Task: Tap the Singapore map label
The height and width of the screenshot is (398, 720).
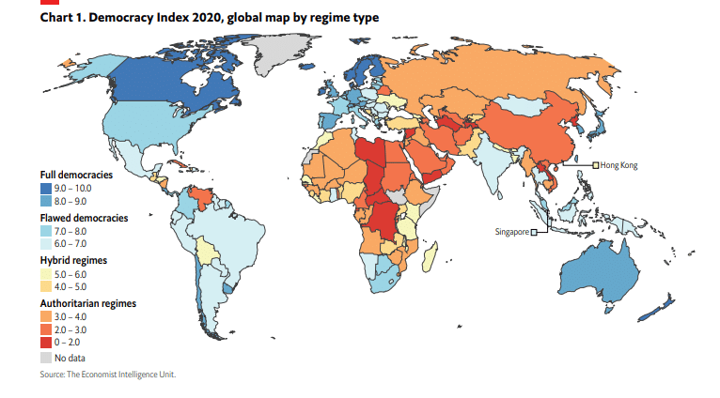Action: pyautogui.click(x=511, y=231)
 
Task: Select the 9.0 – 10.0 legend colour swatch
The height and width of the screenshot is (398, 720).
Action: pyautogui.click(x=46, y=188)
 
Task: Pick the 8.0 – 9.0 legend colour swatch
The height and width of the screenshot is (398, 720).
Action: pyautogui.click(x=46, y=200)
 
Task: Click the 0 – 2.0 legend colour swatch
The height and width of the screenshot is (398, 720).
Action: pyautogui.click(x=46, y=344)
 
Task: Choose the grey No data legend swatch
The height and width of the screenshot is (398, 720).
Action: pyautogui.click(x=46, y=358)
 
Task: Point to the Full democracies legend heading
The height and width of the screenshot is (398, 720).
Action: pyautogui.click(x=76, y=176)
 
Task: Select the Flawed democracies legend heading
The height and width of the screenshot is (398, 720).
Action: pyautogui.click(x=84, y=218)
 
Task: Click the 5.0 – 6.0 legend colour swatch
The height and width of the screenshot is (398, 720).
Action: pyautogui.click(x=46, y=273)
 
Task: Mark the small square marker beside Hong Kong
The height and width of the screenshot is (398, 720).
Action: pyautogui.click(x=595, y=166)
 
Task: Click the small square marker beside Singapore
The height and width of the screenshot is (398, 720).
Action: pyautogui.click(x=534, y=232)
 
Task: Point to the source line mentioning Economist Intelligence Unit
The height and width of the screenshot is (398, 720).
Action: pyautogui.click(x=108, y=375)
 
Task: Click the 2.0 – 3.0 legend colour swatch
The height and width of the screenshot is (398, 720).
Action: pyautogui.click(x=46, y=331)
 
